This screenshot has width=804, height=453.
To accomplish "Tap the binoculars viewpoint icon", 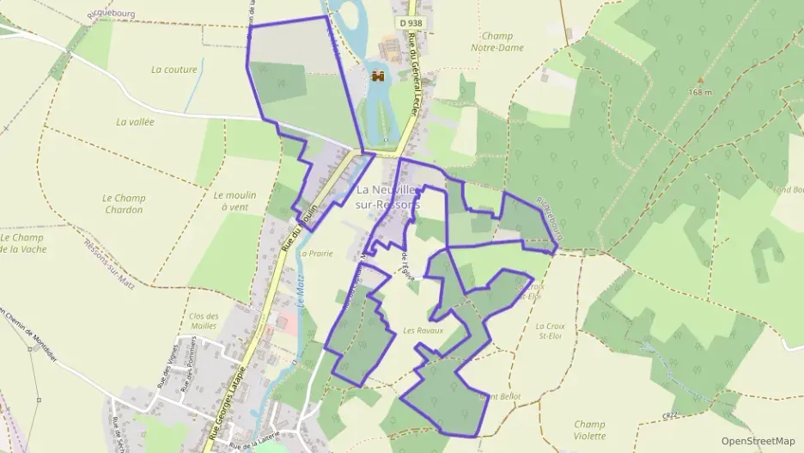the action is coord(378,77).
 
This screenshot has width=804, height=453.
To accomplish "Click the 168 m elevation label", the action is coord(701,92).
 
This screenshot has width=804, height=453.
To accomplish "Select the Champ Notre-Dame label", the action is coord(503,42).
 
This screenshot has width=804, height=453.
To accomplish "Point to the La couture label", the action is coord(174,70).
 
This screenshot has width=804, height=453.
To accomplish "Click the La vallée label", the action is coord(135,122).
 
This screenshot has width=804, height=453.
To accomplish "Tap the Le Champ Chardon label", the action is coord(124,204).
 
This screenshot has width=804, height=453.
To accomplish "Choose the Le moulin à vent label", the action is coord(234,200).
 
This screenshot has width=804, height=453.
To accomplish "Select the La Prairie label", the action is coord(314,254).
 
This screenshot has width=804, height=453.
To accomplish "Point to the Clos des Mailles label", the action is coord(203,321).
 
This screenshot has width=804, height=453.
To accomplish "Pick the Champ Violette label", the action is coord(589,430).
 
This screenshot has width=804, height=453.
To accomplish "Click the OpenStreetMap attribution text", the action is coord(758,440).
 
